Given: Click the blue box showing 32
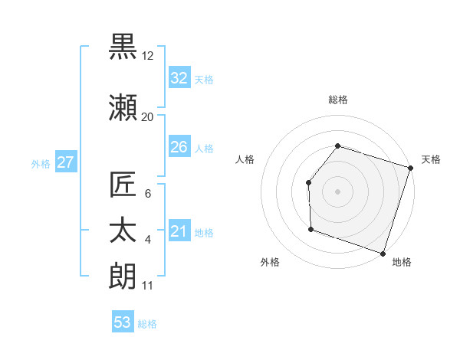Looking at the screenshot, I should click(x=179, y=78).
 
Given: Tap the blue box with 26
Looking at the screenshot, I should click(x=179, y=147).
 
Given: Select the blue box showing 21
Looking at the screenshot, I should click(x=179, y=231).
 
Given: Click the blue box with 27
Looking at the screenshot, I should click(x=65, y=162).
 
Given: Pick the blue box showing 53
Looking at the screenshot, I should click(x=123, y=322).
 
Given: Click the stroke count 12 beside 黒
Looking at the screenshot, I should click(x=148, y=55).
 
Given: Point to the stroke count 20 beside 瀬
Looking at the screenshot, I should click(x=148, y=116).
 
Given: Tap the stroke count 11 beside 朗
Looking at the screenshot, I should click(x=148, y=286).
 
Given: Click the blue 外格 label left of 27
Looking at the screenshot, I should click(x=40, y=163).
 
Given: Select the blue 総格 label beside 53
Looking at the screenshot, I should click(x=147, y=324).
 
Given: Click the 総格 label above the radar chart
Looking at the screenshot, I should click(x=337, y=100).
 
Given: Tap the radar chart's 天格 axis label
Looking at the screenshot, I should click(x=431, y=159).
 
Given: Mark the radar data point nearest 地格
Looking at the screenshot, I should click(x=383, y=253).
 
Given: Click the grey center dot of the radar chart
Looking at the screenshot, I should click(x=337, y=191).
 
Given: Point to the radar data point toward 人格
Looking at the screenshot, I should click(x=308, y=182).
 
